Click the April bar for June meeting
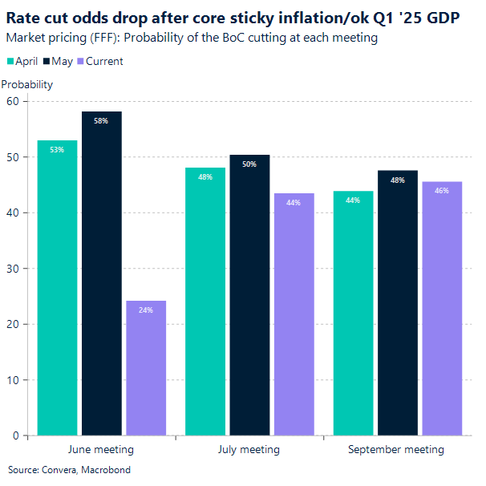(x=57, y=289)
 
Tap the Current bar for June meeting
(x=146, y=368)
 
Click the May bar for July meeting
(x=249, y=296)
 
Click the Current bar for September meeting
(x=442, y=309)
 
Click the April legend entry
(x=23, y=61)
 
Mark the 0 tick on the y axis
(x=15, y=436)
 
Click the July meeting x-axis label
(x=249, y=450)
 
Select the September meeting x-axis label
(x=396, y=450)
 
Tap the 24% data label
(x=146, y=310)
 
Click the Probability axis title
(x=27, y=84)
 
